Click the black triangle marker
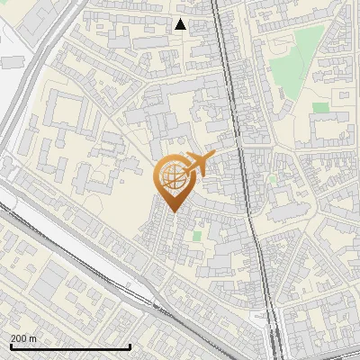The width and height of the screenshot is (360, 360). pyautogui.click(x=180, y=24)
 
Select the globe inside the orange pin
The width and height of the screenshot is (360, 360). pyautogui.click(x=174, y=179)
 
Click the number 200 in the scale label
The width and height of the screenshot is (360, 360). pyautogui.click(x=19, y=338)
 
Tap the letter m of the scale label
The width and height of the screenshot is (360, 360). pyautogui.click(x=33, y=338)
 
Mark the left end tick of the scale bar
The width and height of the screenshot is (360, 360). pyautogui.click(x=10, y=346)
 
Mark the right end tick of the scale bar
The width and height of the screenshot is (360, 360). pyautogui.click(x=130, y=346)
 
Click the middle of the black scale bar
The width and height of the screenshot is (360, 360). pyautogui.click(x=70, y=346)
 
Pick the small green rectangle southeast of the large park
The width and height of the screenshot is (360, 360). pyautogui.click(x=321, y=107)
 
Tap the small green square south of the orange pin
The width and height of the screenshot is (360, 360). pyautogui.click(x=197, y=235)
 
